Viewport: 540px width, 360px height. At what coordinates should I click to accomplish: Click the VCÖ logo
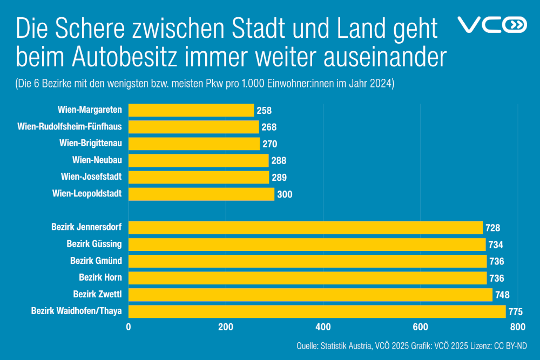coord(491,25)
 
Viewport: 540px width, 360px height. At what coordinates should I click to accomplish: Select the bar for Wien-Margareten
coord(191,110)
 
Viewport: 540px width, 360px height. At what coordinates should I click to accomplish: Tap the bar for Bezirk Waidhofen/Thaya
coord(316,311)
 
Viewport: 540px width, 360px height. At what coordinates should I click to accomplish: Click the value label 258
coord(264,111)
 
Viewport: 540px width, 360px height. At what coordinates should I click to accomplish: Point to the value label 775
coord(516,311)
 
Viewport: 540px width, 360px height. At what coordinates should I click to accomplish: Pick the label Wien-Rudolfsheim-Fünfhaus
coord(70,127)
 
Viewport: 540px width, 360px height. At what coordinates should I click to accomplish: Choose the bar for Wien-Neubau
coord(198,160)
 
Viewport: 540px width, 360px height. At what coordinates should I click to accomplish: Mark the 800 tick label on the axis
coord(517,327)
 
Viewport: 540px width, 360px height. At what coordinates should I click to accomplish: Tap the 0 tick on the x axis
coord(129,327)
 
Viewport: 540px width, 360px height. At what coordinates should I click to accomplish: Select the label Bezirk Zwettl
coord(97,294)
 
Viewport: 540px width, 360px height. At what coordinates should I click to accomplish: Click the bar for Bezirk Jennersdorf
coord(305,227)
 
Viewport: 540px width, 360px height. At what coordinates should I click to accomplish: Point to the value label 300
coord(285,194)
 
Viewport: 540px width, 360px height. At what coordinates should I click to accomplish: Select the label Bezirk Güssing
coord(94,244)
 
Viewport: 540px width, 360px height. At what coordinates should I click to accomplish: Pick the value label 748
coord(502,295)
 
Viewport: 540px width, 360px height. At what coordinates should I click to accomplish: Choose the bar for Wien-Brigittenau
coord(194,144)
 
